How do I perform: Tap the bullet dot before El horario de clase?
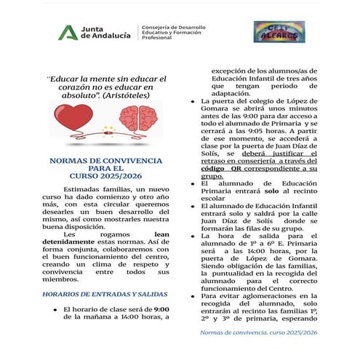point(56,310)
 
